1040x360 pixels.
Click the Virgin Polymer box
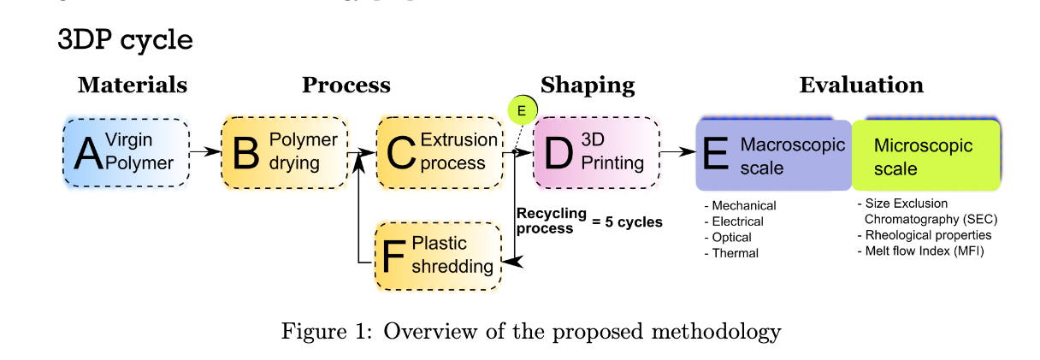point(127,152)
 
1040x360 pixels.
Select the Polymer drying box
point(285,152)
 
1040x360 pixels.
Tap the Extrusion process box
point(440,152)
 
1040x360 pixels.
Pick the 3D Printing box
point(596,152)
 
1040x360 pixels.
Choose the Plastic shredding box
point(438,256)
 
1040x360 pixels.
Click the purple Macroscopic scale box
point(773,156)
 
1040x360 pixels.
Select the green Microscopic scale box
point(925,156)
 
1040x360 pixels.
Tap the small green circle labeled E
point(523,110)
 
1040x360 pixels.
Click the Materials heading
point(133,85)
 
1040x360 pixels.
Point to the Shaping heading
point(588,86)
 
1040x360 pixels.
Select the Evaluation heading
point(861,85)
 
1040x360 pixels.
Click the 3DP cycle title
point(125,40)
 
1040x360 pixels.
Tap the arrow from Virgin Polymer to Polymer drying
point(205,151)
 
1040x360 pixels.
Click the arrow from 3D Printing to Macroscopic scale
point(678,151)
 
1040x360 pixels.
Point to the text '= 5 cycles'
point(627,221)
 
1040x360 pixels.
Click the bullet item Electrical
point(734,221)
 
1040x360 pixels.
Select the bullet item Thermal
point(732,253)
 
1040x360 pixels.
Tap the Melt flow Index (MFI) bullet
point(920,251)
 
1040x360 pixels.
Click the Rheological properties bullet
point(925,235)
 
